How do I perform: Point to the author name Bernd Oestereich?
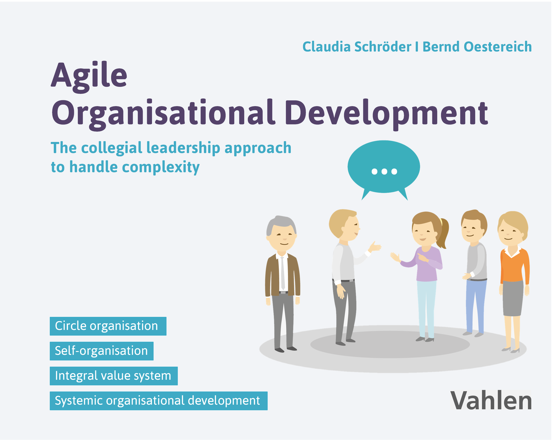pyautogui.click(x=477, y=47)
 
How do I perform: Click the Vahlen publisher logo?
pyautogui.click(x=491, y=401)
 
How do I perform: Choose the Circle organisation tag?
pyautogui.click(x=108, y=326)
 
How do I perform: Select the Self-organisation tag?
pyautogui.click(x=102, y=351)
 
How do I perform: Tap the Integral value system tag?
pyautogui.click(x=114, y=376)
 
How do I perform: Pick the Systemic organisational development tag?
pyautogui.click(x=159, y=401)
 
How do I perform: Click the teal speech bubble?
pyautogui.click(x=384, y=168)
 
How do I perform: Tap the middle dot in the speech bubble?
pyautogui.click(x=384, y=171)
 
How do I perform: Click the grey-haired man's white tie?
pyautogui.click(x=283, y=273)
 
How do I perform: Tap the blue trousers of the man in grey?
pyautogui.click(x=476, y=307)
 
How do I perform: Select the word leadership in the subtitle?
pyautogui.click(x=183, y=148)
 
